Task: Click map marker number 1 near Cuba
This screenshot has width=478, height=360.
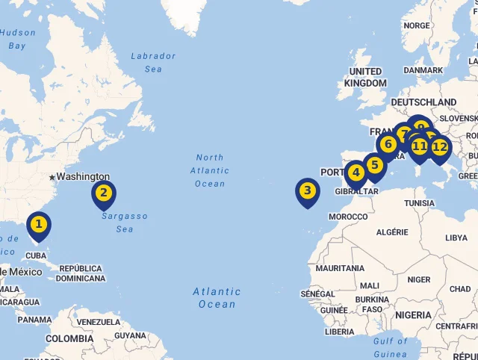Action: click(x=39, y=224)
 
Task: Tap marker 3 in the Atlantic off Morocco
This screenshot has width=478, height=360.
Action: click(x=307, y=191)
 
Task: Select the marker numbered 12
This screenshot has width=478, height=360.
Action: click(x=440, y=147)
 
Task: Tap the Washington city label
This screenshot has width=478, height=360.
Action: click(x=83, y=177)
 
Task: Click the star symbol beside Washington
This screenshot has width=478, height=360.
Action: click(x=52, y=177)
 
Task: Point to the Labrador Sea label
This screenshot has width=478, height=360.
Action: click(x=153, y=63)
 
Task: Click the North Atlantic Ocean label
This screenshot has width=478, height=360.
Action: click(x=210, y=170)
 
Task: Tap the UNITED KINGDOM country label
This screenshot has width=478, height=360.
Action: click(x=365, y=77)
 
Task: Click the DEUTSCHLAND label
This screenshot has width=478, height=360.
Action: click(x=423, y=102)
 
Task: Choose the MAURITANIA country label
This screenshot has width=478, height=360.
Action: click(x=340, y=268)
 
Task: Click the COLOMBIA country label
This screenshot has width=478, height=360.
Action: click(x=69, y=338)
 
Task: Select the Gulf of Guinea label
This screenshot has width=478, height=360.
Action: click(x=391, y=347)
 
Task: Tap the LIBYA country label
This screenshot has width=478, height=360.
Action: click(x=456, y=238)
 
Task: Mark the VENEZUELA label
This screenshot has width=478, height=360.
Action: click(x=98, y=322)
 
